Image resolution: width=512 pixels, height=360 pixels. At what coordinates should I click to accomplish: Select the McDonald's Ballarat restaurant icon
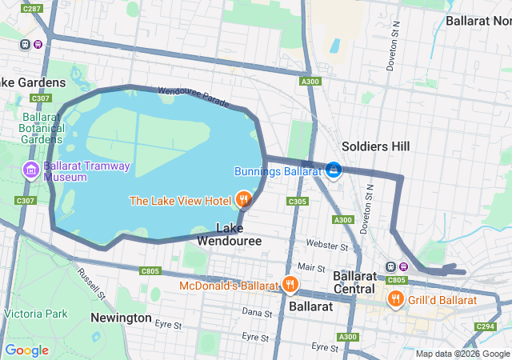[290, 284]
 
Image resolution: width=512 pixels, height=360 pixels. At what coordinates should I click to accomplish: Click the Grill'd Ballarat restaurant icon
[395, 299]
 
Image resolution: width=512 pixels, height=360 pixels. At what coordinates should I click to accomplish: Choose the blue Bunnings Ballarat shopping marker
[334, 170]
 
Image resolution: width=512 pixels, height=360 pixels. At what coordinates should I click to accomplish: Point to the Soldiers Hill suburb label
[375, 146]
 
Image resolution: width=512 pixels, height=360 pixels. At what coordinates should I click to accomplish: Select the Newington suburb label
[121, 318]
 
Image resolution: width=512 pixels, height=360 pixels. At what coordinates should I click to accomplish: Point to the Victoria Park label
[34, 314]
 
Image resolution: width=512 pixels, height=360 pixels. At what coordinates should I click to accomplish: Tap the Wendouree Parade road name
[194, 97]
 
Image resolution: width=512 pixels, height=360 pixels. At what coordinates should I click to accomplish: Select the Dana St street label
[258, 311]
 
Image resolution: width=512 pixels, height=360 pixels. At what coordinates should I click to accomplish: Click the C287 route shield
[32, 9]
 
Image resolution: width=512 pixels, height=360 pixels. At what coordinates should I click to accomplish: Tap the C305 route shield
[297, 201]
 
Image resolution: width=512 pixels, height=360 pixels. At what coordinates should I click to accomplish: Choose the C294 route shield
[486, 326]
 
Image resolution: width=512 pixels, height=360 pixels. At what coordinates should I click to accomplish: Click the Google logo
[26, 350]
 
